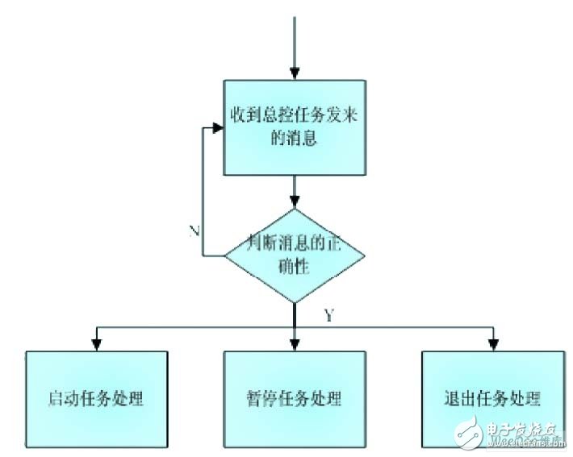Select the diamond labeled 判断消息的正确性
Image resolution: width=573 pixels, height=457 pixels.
pos(294,256)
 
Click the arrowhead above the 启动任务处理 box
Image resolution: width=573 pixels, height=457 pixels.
pos(98,344)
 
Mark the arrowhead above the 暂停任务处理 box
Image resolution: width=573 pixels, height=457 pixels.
pos(295,344)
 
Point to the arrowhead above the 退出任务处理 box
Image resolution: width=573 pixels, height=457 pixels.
pos(492,344)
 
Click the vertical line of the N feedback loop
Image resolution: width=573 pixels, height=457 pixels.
pos(203,193)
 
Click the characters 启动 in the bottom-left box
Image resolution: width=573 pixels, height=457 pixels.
pos(63,398)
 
